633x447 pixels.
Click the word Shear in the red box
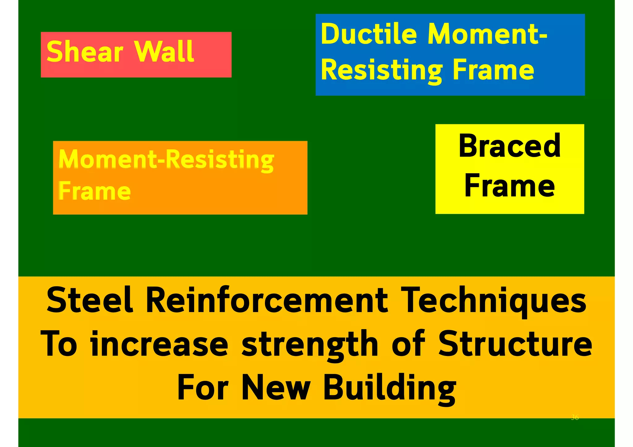[x=85, y=52]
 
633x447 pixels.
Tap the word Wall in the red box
[x=164, y=52]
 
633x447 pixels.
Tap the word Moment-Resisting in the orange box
[x=166, y=160]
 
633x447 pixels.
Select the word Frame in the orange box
[x=95, y=191]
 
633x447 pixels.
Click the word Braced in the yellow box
[x=509, y=146]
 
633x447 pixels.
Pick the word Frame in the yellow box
[x=509, y=186]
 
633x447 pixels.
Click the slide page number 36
[x=575, y=418]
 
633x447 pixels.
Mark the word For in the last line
[x=203, y=388]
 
